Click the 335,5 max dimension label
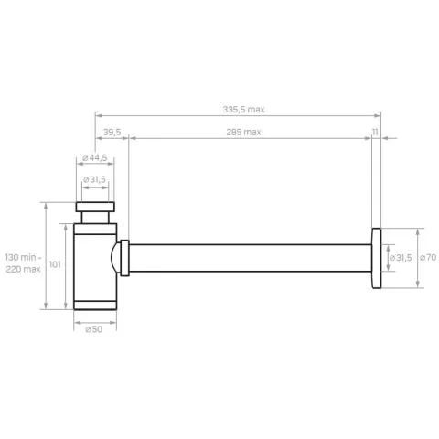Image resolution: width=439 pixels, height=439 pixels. pyautogui.click(x=243, y=109)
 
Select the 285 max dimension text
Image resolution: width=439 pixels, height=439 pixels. pyautogui.click(x=243, y=132)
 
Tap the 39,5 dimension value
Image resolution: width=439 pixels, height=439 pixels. pyautogui.click(x=112, y=132)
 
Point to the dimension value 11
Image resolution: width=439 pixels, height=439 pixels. pyautogui.click(x=375, y=132)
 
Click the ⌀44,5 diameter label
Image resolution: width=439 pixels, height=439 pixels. pyautogui.click(x=95, y=158)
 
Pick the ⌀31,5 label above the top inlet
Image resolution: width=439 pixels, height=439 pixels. pyautogui.click(x=94, y=179)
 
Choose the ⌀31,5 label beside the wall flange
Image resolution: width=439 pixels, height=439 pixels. pyautogui.click(x=401, y=258)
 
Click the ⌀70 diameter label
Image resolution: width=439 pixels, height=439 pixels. pyautogui.click(x=428, y=258)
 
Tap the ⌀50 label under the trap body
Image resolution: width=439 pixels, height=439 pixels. pyautogui.click(x=94, y=329)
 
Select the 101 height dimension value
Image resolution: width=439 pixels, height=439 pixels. pyautogui.click(x=55, y=264)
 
